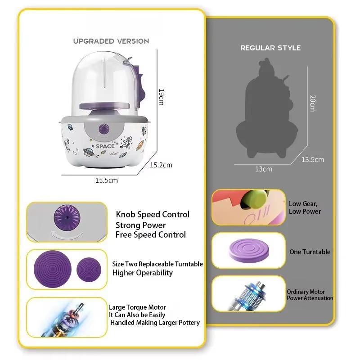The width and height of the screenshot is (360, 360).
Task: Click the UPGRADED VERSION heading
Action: (111, 41)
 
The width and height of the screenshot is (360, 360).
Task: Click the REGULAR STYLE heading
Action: (270, 48)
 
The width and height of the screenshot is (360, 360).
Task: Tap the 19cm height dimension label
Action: (162, 97)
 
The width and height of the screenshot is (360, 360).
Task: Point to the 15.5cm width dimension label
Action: (107, 180)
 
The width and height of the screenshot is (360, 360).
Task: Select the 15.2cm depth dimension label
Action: (161, 165)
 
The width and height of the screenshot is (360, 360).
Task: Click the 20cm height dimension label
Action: (313, 103)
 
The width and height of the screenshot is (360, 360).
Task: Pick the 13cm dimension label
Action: (264, 169)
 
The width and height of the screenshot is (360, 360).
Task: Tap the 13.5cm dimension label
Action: (313, 160)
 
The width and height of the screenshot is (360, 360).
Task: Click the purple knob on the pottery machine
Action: (104, 129)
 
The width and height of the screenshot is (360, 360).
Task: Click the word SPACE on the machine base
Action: (105, 146)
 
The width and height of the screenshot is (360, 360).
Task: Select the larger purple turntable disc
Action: (53, 269)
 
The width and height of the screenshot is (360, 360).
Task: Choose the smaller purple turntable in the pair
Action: (89, 270)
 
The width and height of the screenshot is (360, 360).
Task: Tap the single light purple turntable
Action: (249, 251)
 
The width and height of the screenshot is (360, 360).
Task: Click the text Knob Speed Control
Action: (153, 215)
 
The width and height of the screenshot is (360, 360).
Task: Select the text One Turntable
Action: (310, 252)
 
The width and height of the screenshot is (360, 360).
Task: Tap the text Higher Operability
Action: (143, 273)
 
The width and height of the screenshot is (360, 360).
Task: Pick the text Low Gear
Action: (303, 204)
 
